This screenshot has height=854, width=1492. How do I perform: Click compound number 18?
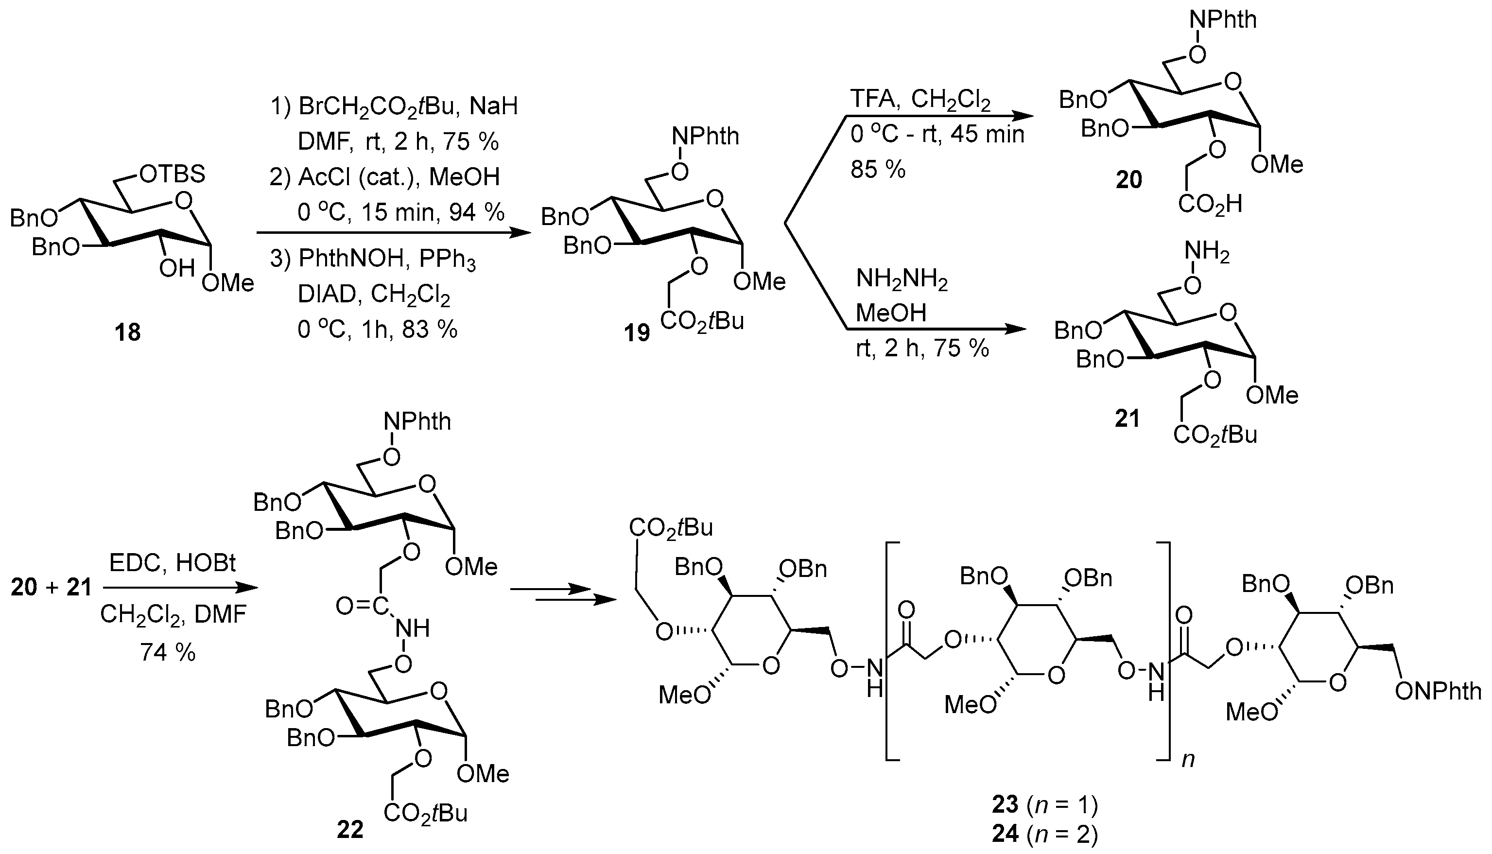click(x=128, y=332)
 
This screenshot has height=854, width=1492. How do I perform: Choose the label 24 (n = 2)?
click(x=1044, y=834)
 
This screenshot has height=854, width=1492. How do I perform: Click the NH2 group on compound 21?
click(x=1206, y=253)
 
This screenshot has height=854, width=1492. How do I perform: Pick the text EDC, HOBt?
click(x=173, y=563)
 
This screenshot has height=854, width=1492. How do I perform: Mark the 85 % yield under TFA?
click(x=878, y=170)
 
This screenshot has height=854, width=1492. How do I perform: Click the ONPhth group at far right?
click(x=1438, y=692)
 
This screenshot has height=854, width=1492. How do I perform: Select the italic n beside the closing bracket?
click(x=1188, y=760)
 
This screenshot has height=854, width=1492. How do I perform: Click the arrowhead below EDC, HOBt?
click(x=249, y=588)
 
